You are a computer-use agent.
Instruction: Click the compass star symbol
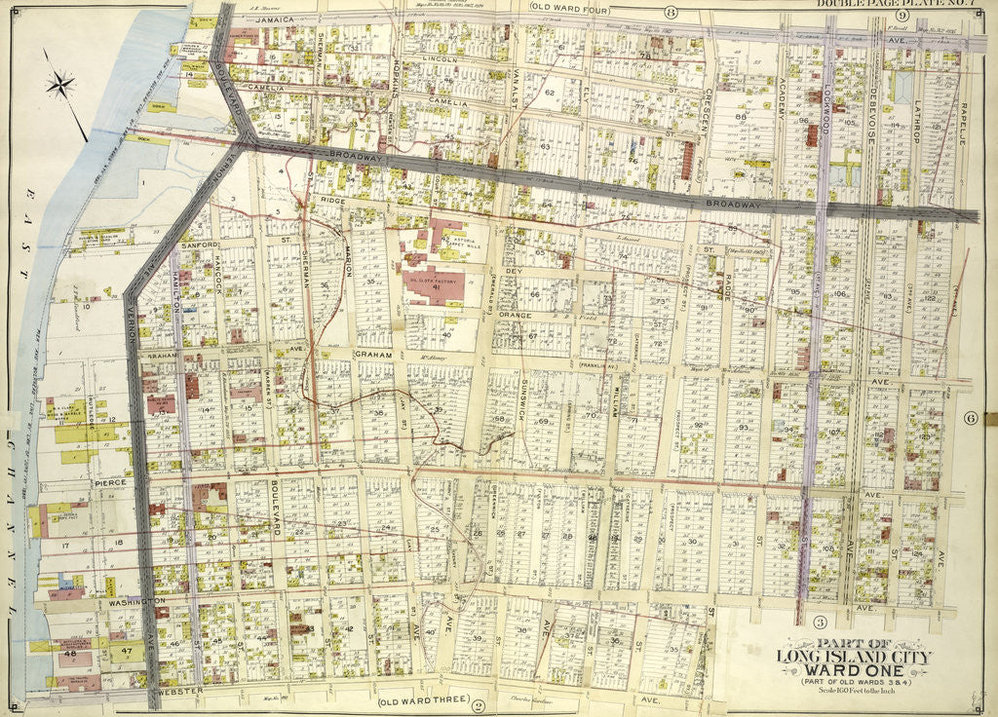(x=60, y=86)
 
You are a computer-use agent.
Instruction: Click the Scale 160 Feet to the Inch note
(x=853, y=700)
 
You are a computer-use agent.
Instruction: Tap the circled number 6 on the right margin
(x=971, y=418)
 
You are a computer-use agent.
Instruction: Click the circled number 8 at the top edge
(x=671, y=13)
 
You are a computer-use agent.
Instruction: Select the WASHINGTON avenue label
(x=133, y=603)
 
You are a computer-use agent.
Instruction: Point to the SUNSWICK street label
(x=525, y=396)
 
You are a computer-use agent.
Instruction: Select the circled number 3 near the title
(x=820, y=622)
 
